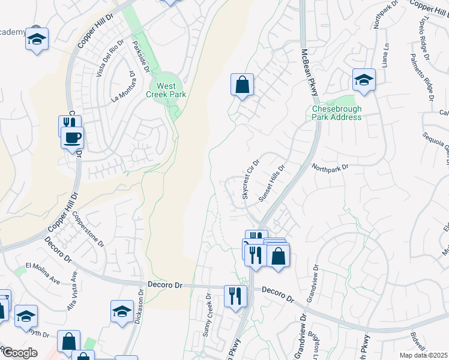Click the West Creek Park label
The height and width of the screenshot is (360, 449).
tap(166, 90)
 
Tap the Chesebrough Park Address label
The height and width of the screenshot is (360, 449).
tap(337, 113)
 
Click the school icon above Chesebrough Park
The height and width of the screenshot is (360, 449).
tap(364, 80)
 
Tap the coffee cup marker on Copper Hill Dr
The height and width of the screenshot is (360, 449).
tap(73, 138)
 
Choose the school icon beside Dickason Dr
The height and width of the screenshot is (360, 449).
tap(122, 312)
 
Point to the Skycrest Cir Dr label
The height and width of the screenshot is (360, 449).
tap(250, 176)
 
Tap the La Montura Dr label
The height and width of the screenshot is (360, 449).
tap(122, 86)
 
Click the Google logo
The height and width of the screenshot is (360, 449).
tap(20, 353)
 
